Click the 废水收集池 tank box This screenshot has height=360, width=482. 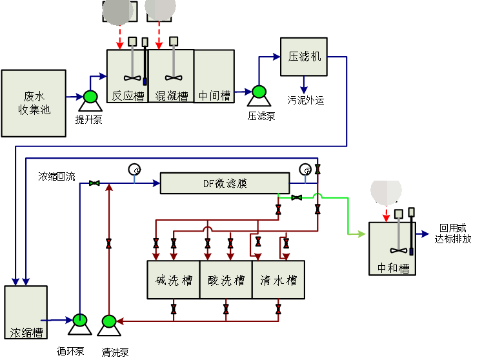(x=34, y=103)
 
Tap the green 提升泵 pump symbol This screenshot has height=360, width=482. (x=90, y=97)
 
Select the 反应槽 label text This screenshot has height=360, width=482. (x=127, y=96)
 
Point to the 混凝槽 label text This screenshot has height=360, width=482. (x=171, y=96)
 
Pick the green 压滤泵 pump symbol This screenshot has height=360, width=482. (x=259, y=92)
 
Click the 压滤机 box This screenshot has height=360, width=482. (x=304, y=56)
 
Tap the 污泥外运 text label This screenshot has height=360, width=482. (x=305, y=100)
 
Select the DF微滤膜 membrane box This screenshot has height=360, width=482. (x=225, y=183)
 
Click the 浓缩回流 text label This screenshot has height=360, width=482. (x=57, y=176)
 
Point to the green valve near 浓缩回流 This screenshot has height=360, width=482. (x=95, y=184)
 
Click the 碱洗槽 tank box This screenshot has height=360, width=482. (x=174, y=279)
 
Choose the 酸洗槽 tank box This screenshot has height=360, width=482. (x=226, y=279)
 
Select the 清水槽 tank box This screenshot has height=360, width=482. (x=278, y=279)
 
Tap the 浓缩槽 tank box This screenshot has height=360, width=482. (x=26, y=312)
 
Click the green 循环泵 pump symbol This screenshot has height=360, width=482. (x=81, y=320)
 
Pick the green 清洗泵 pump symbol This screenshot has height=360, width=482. (x=108, y=321)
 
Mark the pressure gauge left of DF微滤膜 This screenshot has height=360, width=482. (x=135, y=170)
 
